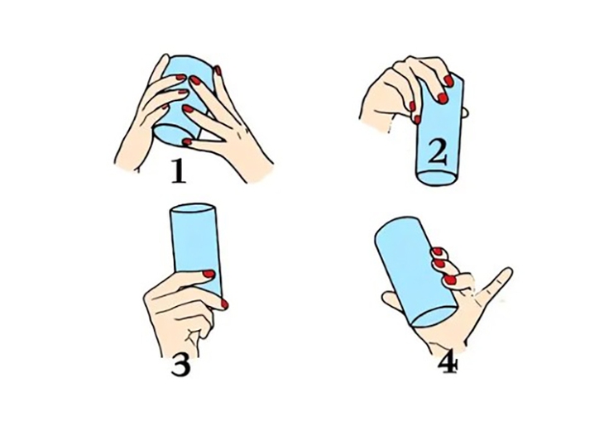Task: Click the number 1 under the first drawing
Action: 179,172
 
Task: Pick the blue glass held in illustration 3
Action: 195,240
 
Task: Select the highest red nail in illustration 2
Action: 449,81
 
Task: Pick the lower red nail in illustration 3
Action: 224,304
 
